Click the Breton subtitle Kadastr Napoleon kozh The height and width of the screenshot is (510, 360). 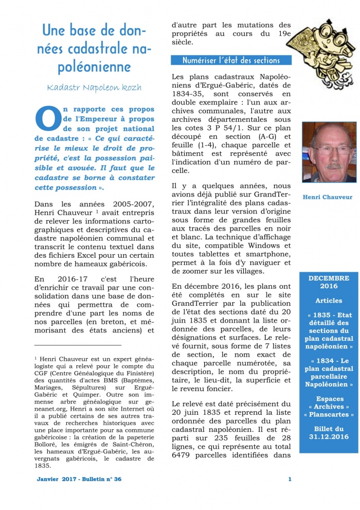[x=94, y=87]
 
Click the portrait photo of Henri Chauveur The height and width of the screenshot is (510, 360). [x=329, y=152]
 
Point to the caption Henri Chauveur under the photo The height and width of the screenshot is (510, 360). [x=328, y=197]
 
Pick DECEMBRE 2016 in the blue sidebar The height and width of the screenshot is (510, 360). [x=329, y=282]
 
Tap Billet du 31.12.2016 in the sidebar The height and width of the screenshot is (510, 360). [x=329, y=432]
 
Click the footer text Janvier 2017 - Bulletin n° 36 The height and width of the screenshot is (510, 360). [x=79, y=479]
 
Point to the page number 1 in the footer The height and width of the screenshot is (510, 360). [x=290, y=479]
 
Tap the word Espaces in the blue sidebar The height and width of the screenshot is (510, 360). [x=329, y=398]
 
